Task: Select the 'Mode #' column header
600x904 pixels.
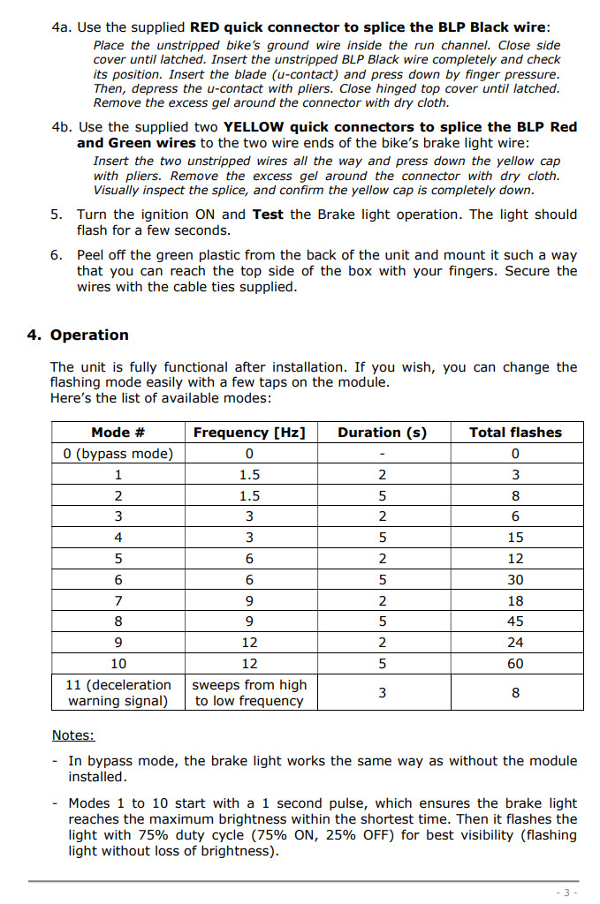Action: (118, 433)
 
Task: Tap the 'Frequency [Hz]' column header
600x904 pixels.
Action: (249, 433)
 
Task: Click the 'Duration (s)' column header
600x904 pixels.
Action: (382, 433)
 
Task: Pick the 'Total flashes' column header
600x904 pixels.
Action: (515, 433)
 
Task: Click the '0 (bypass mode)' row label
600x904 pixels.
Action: (118, 454)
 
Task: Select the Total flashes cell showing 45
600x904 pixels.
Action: (515, 621)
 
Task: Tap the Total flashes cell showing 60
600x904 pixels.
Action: (515, 664)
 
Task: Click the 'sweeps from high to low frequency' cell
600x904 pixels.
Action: (249, 693)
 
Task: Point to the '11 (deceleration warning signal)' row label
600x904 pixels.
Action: (118, 693)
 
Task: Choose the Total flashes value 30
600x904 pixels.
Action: (515, 580)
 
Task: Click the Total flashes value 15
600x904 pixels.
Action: (515, 538)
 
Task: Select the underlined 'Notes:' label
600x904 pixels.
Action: (73, 735)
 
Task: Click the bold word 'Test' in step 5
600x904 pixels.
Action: (268, 215)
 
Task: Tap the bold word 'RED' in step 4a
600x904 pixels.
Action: (205, 27)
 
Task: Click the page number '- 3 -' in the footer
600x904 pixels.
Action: (566, 893)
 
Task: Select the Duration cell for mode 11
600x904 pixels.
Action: (382, 693)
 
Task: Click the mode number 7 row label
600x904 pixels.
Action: (118, 601)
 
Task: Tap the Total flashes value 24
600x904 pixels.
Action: (515, 643)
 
